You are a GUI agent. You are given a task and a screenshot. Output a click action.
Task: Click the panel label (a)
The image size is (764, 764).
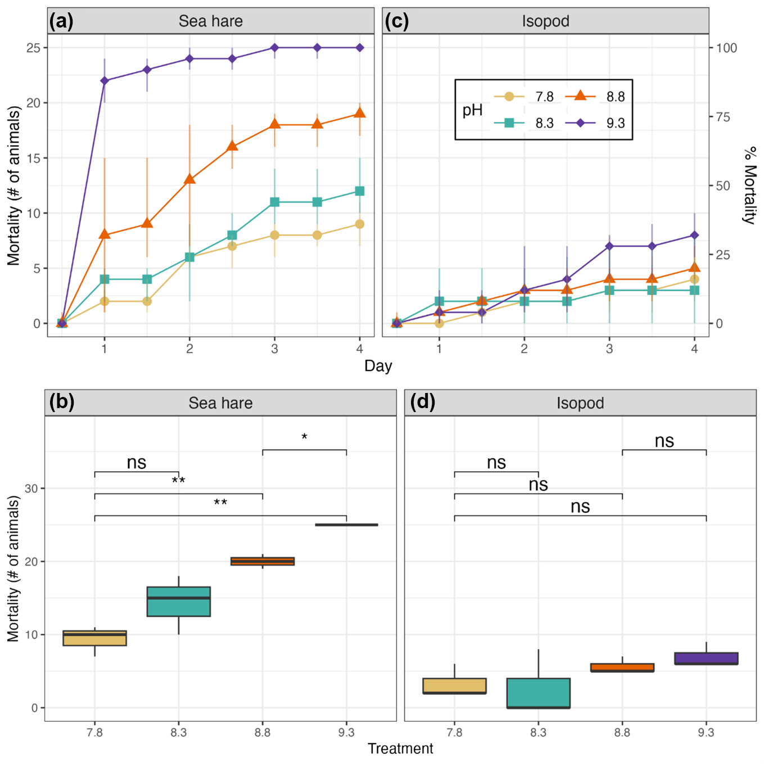point(61,21)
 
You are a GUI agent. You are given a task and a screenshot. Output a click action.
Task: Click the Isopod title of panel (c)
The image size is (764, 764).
point(545,21)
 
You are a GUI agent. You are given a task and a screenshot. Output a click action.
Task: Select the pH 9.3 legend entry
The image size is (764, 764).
point(598,123)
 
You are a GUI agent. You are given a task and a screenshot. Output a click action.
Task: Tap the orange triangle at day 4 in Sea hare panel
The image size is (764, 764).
point(360,113)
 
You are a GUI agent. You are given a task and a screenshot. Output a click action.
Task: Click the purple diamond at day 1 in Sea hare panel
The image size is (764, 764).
point(105,81)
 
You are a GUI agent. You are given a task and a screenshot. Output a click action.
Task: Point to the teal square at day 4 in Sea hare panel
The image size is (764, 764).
point(360,191)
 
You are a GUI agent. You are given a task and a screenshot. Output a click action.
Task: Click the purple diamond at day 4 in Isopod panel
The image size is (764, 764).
point(694,236)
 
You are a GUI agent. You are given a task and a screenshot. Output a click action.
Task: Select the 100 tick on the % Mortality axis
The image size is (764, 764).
point(726,48)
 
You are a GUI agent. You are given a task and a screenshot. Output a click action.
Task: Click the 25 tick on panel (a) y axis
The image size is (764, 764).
point(34,48)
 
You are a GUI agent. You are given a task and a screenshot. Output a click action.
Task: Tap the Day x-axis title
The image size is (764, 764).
point(378,366)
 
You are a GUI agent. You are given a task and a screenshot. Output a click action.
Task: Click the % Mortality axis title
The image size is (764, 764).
point(750,186)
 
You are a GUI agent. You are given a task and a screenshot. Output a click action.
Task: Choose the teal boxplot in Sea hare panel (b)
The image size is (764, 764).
point(179,602)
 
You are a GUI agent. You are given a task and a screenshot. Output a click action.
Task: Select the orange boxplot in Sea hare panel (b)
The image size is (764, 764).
point(263,561)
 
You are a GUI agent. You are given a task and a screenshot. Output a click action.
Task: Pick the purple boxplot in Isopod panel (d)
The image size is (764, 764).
point(706,658)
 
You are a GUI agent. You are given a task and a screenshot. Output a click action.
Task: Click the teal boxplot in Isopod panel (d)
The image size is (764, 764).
point(538,693)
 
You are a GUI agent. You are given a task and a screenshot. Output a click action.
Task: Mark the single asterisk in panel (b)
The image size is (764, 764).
point(304,437)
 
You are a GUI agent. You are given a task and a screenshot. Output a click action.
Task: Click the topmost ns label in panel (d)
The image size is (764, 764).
point(664,441)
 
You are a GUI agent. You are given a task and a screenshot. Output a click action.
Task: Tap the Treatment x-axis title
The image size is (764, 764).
point(400,749)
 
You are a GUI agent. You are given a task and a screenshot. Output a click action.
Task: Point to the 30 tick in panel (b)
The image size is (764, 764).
point(31,489)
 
